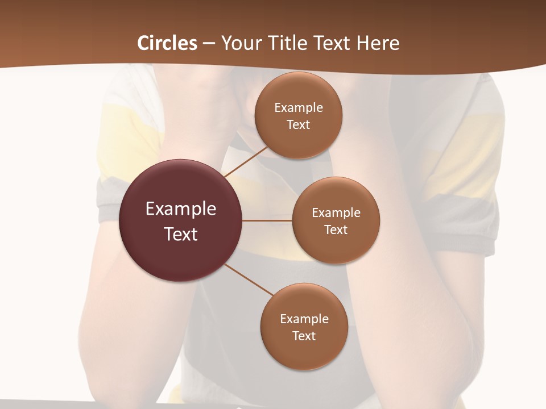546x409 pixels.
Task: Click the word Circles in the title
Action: (x=167, y=43)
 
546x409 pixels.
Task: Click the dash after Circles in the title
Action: (x=209, y=44)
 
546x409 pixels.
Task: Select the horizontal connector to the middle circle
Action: (x=267, y=220)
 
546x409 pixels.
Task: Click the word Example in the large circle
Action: (x=181, y=209)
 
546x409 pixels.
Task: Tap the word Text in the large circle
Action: (x=181, y=234)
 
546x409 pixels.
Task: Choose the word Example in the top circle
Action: (x=299, y=108)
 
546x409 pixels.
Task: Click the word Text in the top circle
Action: (x=299, y=125)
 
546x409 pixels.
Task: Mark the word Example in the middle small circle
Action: (x=336, y=213)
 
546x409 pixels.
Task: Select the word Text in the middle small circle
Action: (x=336, y=230)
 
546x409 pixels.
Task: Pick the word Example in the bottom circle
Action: (x=304, y=319)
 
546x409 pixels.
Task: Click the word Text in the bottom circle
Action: (x=304, y=336)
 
